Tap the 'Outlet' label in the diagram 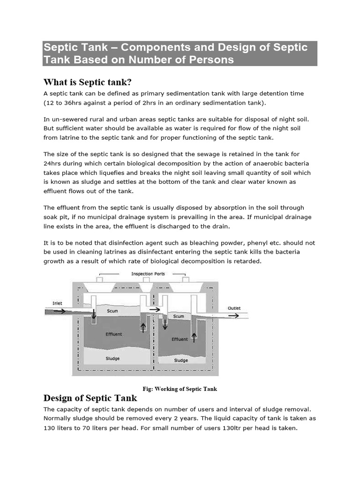coord(234,308)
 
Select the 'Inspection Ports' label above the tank coord(148,274)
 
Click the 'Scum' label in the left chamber coord(112,311)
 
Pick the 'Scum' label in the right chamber coord(179,316)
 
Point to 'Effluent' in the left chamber coord(114,334)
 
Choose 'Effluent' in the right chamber coord(180,339)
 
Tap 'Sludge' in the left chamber coord(112,358)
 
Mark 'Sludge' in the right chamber coord(181,360)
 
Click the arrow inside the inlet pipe coord(60,310)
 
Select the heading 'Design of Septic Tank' coord(90,398)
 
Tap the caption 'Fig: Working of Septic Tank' coord(180,389)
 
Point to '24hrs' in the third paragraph coord(53,163)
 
